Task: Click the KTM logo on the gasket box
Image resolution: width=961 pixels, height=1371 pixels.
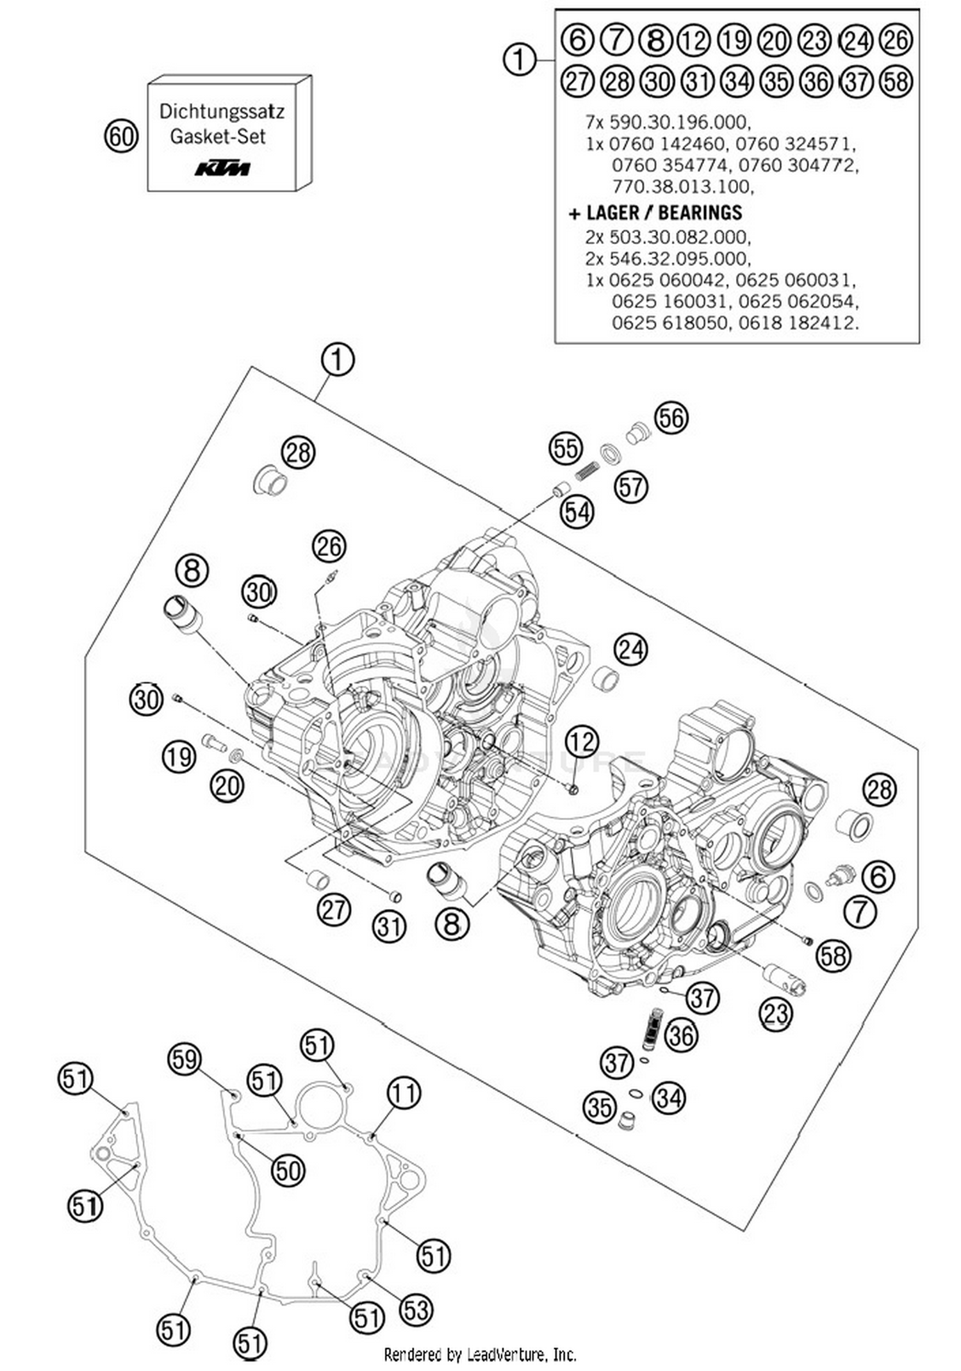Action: tap(222, 168)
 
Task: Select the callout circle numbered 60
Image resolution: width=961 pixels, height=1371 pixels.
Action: tap(121, 136)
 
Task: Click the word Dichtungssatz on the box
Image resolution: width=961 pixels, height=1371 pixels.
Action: tap(221, 111)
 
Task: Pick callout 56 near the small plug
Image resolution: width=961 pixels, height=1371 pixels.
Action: tap(671, 418)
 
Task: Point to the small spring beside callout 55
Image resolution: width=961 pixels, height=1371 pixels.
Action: tap(585, 472)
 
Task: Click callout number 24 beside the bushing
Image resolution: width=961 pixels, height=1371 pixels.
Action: tap(630, 650)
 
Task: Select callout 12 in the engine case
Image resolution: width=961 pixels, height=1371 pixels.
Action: tap(582, 741)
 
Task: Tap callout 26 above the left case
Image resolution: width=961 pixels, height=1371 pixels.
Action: tap(329, 546)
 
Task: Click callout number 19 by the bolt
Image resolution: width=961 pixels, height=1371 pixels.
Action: tap(178, 757)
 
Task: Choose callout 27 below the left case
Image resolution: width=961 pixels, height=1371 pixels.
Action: tap(334, 910)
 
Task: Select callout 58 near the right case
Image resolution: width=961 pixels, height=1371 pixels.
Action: tap(833, 956)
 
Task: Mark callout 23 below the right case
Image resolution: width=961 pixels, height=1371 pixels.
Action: tap(775, 1014)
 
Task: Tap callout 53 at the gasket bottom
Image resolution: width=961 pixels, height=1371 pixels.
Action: tap(416, 1310)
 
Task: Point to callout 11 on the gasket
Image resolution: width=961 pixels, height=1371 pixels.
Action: tap(404, 1093)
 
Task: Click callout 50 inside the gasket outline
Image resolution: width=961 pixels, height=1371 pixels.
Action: tap(288, 1171)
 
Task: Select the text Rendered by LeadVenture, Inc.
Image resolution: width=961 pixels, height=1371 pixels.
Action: tap(480, 1354)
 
